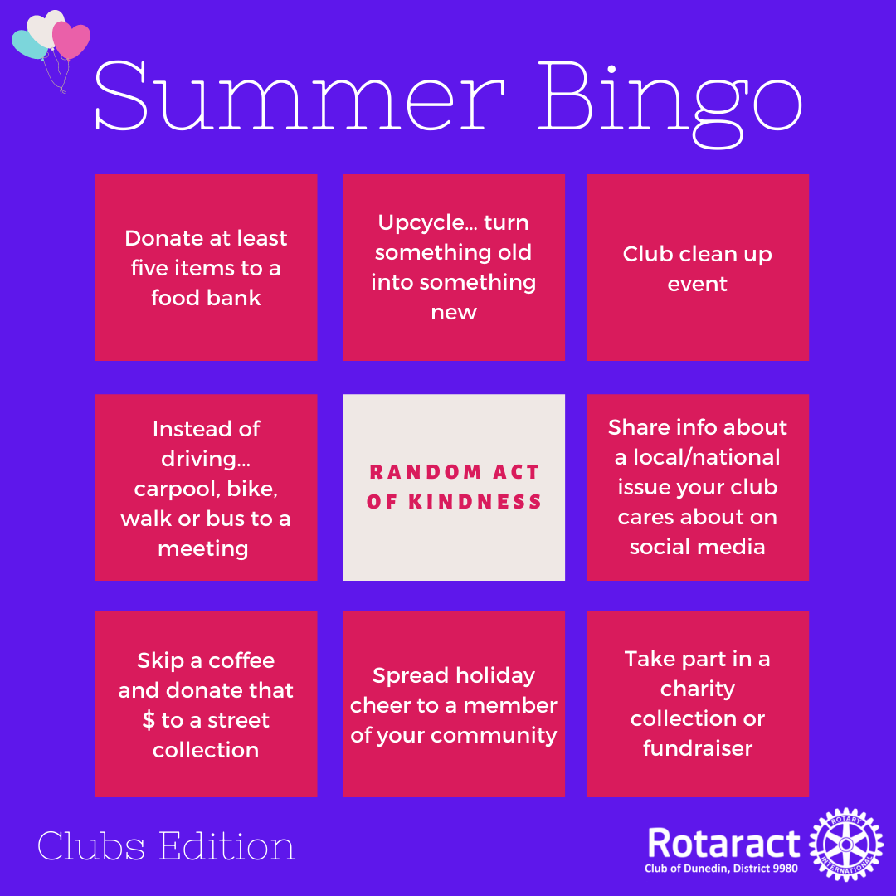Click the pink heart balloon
71,40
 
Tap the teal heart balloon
27,46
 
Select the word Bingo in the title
671,103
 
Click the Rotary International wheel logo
846,845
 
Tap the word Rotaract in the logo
724,844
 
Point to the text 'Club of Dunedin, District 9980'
721,869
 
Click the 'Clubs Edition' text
166,845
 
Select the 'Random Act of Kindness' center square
454,488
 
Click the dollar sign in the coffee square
149,720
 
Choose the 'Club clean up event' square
698,267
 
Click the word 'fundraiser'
698,748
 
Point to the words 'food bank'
206,298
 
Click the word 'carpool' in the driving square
178,489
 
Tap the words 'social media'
697,547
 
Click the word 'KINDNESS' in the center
475,502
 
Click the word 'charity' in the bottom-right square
698,689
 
